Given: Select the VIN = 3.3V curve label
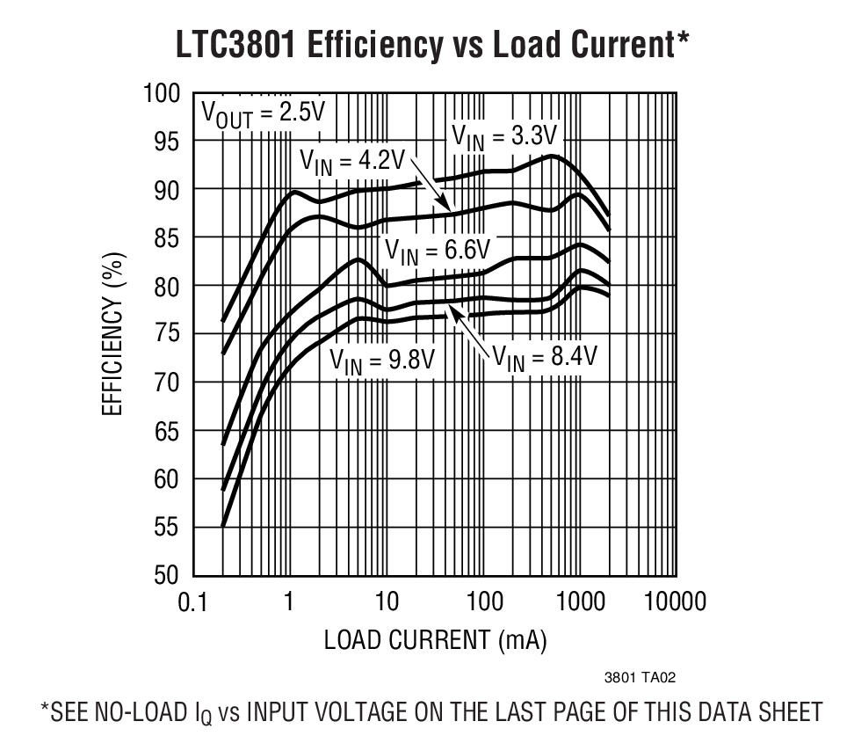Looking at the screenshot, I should tap(503, 135).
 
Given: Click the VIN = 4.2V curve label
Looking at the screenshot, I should tap(351, 161).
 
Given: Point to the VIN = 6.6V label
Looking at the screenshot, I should tap(436, 251).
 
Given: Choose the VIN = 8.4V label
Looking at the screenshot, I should tap(544, 356).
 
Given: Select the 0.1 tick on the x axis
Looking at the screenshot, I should tap(192, 603).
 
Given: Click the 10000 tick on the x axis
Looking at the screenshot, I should tap(675, 603).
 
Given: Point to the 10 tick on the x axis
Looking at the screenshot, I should tap(386, 603).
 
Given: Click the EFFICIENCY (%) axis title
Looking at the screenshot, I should tap(114, 335).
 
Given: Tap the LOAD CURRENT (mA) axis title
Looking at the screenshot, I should tap(435, 640).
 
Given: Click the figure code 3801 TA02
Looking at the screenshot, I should tap(640, 678).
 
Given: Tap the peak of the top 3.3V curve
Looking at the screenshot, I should tap(551, 157).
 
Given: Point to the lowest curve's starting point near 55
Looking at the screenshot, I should tap(222, 526).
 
